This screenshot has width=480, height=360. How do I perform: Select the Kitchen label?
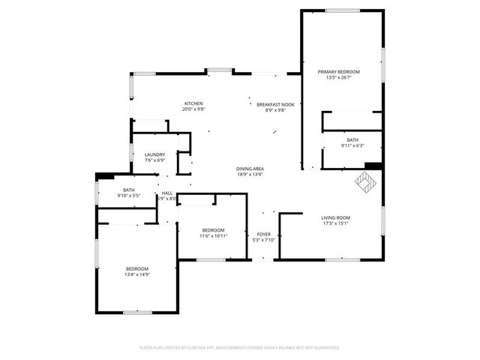pos(193,103)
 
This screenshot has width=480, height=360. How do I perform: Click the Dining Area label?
pos(250,169)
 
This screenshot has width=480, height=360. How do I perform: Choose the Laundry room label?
pos(154,154)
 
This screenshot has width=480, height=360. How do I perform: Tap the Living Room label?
pos(337,217)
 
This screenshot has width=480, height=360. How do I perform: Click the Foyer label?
pos(263,234)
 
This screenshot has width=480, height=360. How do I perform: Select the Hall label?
pos(166,193)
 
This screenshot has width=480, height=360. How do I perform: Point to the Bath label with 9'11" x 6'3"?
pos(352,140)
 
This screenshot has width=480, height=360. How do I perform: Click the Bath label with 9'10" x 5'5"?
pos(128,190)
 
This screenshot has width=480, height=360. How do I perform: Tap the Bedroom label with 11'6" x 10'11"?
pos(213,229)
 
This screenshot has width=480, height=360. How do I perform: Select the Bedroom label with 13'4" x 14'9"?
pos(136,268)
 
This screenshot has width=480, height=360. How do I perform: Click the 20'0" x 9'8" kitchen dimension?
pos(193,109)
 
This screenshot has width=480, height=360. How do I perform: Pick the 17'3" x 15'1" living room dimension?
pos(337,223)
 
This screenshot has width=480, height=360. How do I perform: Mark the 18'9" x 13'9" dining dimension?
pos(250,175)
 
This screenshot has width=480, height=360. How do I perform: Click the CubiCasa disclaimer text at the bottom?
pos(240,347)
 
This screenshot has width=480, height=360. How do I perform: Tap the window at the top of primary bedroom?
pos(343,10)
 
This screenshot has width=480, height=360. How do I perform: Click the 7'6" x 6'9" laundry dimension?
pos(154,160)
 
